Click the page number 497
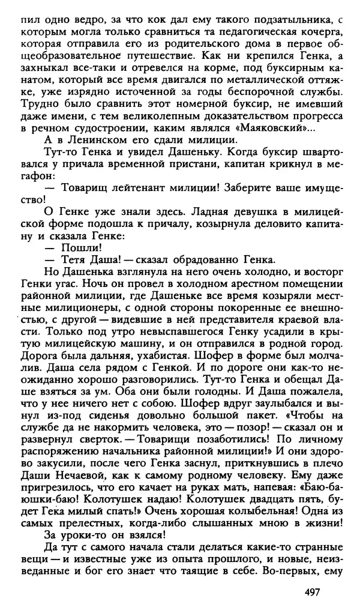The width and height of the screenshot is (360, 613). [x=308, y=592]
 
